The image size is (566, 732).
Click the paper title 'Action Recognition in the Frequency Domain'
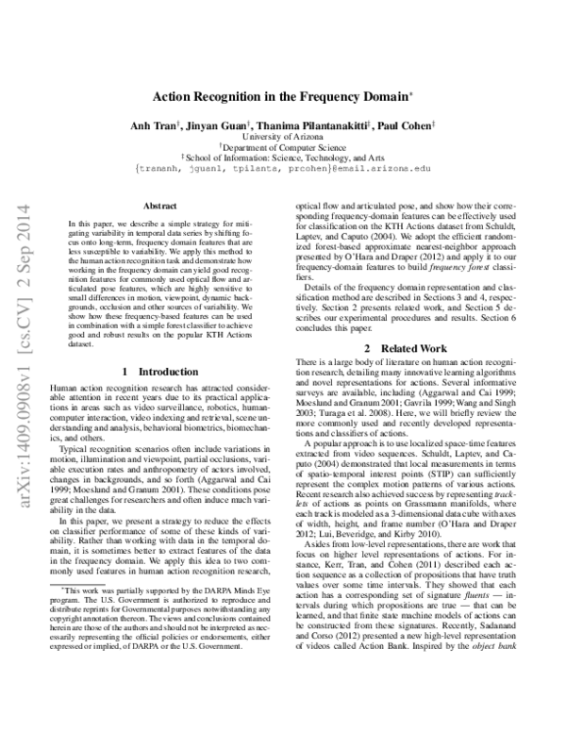coord(281,97)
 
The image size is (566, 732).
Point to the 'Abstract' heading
coord(158,205)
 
